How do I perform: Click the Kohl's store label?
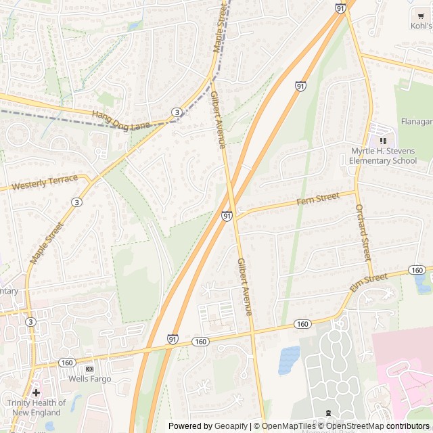(x=421, y=26)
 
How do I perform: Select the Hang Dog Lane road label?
(x=121, y=120)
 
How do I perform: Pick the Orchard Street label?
(x=363, y=232)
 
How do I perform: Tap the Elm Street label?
(x=369, y=282)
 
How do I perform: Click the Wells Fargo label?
(x=89, y=379)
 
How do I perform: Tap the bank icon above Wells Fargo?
(x=89, y=369)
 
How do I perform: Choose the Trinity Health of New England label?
(x=37, y=407)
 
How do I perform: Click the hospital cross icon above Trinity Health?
(x=36, y=392)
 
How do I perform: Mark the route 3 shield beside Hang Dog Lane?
(x=176, y=112)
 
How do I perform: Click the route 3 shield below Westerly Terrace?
(x=76, y=202)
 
